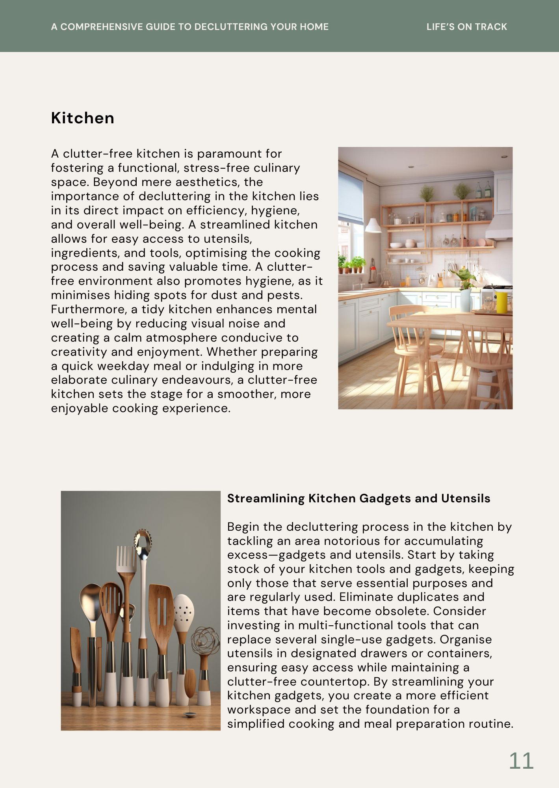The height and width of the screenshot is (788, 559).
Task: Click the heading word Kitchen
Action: [x=83, y=118]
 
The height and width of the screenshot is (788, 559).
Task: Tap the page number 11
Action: [x=521, y=761]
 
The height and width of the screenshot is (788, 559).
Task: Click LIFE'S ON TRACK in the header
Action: [x=466, y=27]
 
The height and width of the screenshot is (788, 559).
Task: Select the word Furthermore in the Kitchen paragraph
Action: [x=89, y=309]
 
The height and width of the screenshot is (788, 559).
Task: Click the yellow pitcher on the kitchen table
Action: [x=501, y=303]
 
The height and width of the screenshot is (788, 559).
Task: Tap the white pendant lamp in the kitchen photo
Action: [x=373, y=225]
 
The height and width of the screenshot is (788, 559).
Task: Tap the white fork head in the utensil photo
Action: [x=126, y=559]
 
